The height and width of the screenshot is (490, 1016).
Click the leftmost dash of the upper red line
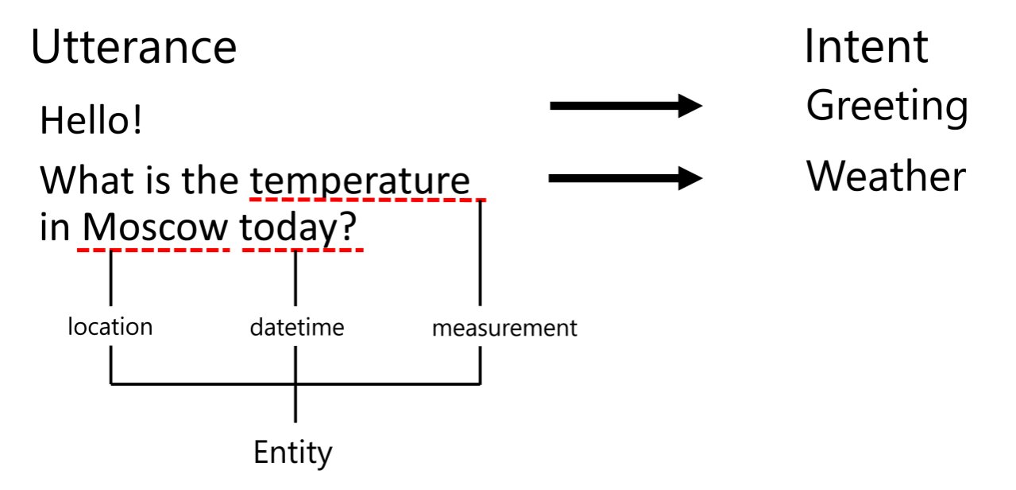(x=255, y=199)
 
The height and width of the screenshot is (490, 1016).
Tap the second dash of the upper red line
(x=271, y=199)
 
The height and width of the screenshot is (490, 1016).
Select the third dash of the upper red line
(x=288, y=199)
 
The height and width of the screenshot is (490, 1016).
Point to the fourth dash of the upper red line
(x=303, y=199)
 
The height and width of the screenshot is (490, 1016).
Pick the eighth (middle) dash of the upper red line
(x=368, y=199)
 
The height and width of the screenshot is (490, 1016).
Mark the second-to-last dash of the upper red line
(x=466, y=200)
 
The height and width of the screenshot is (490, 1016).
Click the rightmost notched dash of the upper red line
(x=481, y=200)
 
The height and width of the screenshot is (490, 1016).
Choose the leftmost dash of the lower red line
(x=83, y=250)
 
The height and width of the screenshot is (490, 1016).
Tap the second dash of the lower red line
(x=99, y=250)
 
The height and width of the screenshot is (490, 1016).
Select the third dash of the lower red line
(x=115, y=250)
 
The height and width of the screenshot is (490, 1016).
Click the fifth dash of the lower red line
(x=147, y=250)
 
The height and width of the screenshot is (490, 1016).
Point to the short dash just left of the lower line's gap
(x=226, y=250)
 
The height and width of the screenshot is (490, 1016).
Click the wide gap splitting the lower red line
(x=236, y=250)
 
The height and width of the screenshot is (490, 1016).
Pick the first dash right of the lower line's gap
(x=248, y=250)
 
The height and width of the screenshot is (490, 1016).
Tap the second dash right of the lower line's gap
(x=265, y=250)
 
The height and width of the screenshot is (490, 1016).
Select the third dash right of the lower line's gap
(x=280, y=250)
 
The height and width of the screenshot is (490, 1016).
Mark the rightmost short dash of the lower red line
(x=359, y=250)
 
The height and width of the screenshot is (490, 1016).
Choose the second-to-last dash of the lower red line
(x=345, y=250)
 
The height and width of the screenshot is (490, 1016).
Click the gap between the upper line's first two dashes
(x=263, y=199)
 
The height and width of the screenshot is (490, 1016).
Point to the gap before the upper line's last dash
(x=473, y=200)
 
